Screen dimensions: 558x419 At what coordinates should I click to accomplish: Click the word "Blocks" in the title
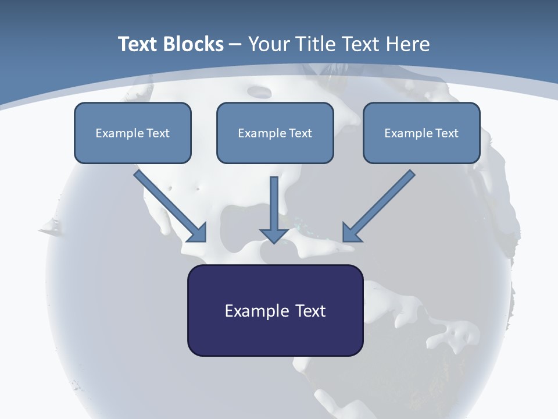193,44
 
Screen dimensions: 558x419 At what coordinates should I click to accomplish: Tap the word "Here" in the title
408,44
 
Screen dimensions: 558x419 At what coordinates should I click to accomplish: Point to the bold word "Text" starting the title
138,44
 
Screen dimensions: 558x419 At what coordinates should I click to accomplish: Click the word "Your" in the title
269,44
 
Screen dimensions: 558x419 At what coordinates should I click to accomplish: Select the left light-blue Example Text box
133,133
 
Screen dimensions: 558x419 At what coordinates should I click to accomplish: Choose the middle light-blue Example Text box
275,133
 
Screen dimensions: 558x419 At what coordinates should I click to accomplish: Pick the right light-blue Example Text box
422,133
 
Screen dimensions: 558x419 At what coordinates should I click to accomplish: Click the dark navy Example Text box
276,310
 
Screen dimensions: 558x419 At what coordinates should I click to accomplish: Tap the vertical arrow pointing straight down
274,210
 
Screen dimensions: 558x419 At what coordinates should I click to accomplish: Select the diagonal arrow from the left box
170,206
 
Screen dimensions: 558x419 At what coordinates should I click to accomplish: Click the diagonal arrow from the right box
378,206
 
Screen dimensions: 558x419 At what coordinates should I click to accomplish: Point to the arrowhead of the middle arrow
274,236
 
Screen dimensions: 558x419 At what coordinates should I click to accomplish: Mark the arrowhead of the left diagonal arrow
199,235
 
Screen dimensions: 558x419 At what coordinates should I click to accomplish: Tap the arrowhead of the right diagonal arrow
350,235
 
